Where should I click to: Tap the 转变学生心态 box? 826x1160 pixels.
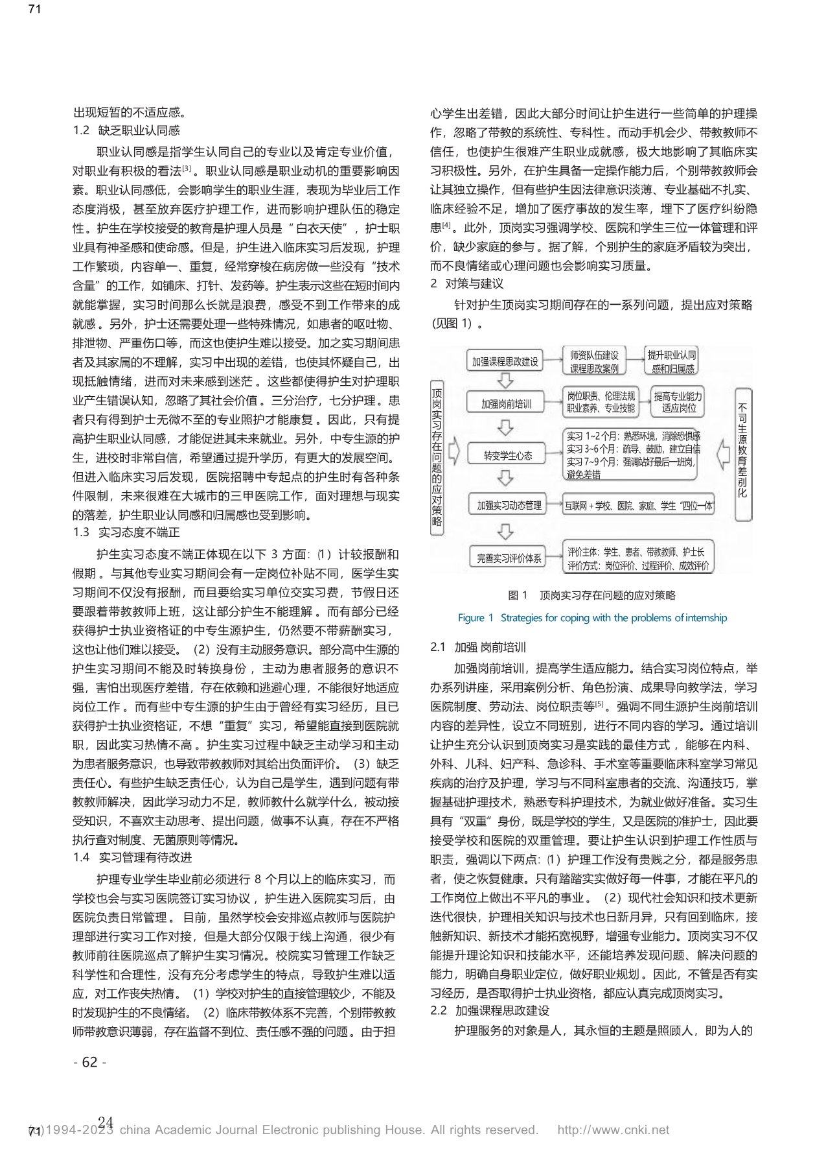[x=508, y=455]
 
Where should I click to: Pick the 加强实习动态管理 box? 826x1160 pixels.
[x=509, y=504]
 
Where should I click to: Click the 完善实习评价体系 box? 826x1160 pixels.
[x=509, y=557]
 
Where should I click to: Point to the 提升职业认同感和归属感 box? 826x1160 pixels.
[x=672, y=362]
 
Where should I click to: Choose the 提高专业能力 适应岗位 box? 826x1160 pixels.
[x=678, y=402]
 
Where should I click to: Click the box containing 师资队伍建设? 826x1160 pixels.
[x=594, y=362]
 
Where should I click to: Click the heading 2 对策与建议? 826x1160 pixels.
[x=466, y=283]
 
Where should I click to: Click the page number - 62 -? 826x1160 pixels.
[x=90, y=1062]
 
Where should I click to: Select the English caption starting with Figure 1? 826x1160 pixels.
[x=592, y=617]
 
